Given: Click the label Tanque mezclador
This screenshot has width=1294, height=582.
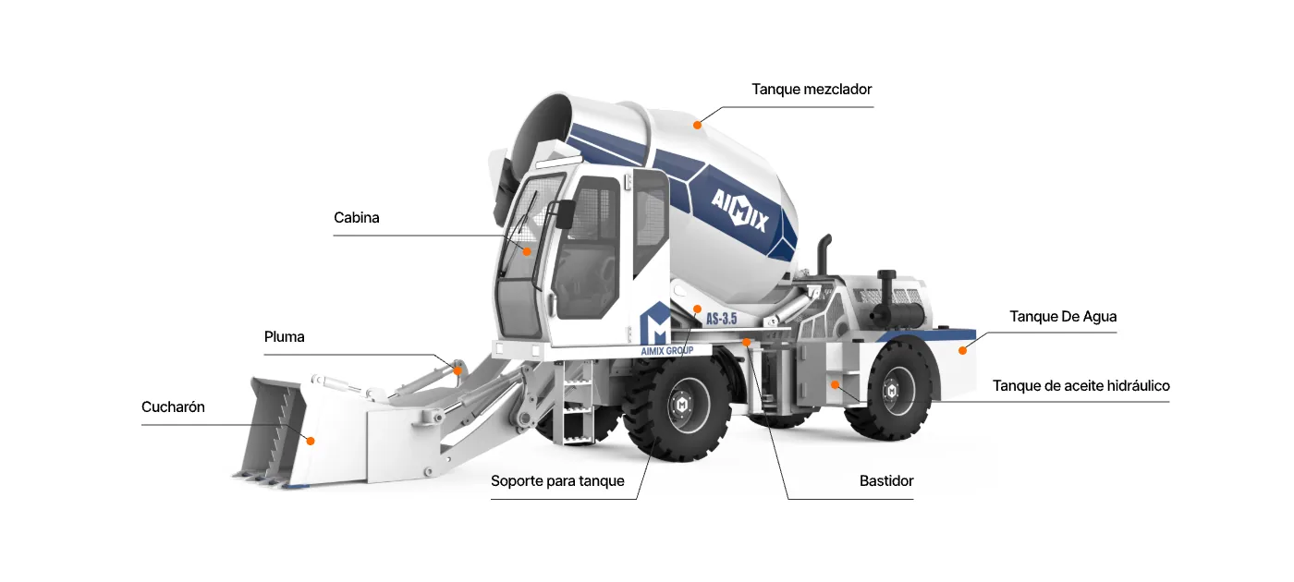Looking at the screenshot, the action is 812,90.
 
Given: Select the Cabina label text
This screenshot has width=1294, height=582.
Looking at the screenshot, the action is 357,218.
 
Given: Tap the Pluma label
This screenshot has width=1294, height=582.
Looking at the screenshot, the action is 285,336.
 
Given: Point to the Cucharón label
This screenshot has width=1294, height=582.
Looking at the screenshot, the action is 174,407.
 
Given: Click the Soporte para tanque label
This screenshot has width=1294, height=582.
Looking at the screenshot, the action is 557,481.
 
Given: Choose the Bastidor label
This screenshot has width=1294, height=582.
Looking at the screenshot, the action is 886,481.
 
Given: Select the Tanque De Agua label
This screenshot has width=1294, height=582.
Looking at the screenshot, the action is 1063,316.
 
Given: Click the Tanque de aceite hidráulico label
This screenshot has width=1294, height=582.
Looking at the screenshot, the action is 1080,386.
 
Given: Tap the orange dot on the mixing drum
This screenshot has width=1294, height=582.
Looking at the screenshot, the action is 697,125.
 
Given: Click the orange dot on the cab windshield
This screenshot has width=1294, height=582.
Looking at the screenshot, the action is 527,251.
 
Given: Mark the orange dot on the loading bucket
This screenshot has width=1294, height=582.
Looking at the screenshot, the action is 311,442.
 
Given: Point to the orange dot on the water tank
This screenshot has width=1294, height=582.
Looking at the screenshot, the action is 962,350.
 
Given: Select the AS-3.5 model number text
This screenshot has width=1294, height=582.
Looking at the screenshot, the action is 722,318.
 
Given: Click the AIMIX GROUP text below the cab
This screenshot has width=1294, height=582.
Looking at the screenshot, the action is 666,351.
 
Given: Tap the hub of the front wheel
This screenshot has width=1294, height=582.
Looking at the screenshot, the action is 682,406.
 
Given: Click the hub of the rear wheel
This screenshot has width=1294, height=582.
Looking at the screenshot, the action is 891,392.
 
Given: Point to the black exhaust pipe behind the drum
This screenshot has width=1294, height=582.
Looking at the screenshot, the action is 824,254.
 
